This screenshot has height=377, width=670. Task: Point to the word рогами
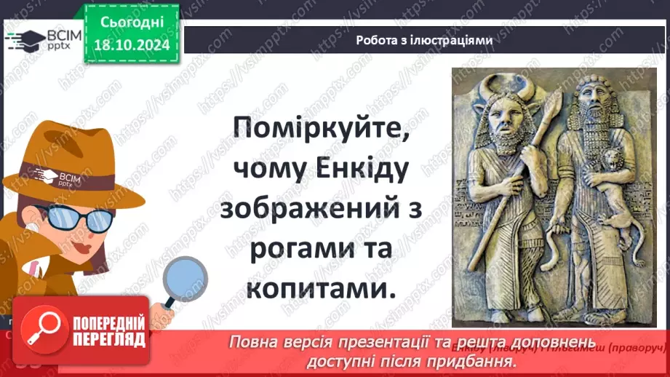pos(293,250)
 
